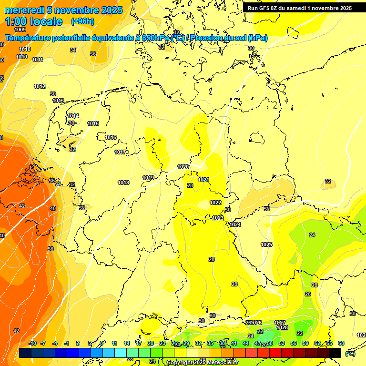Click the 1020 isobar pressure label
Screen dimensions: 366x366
[x=183, y=167]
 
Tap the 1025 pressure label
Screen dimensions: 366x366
[x=266, y=244]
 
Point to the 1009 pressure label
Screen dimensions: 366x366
[x=20, y=30]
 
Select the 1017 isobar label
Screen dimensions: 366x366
[x=120, y=152]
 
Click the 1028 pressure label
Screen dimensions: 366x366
[x=282, y=327]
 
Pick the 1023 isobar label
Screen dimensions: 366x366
[x=218, y=218]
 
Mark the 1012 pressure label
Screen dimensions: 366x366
[x=40, y=86]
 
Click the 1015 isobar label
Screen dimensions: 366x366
[x=93, y=124]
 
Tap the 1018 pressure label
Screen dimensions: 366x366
[x=123, y=183]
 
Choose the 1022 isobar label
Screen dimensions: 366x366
[x=215, y=203]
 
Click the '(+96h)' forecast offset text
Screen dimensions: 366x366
[x=82, y=21]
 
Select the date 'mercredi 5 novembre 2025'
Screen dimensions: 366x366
[x=63, y=10]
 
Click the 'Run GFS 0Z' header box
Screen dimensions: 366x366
[x=300, y=8]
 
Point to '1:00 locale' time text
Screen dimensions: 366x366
[x=33, y=21]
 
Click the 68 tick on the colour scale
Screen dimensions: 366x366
[x=341, y=343]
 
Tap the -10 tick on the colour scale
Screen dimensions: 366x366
[x=32, y=343]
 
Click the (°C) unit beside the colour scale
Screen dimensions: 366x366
[x=350, y=354]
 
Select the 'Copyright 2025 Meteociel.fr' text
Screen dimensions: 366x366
[x=202, y=363]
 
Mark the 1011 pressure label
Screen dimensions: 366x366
[x=37, y=60]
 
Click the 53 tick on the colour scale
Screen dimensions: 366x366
[x=282, y=343]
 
